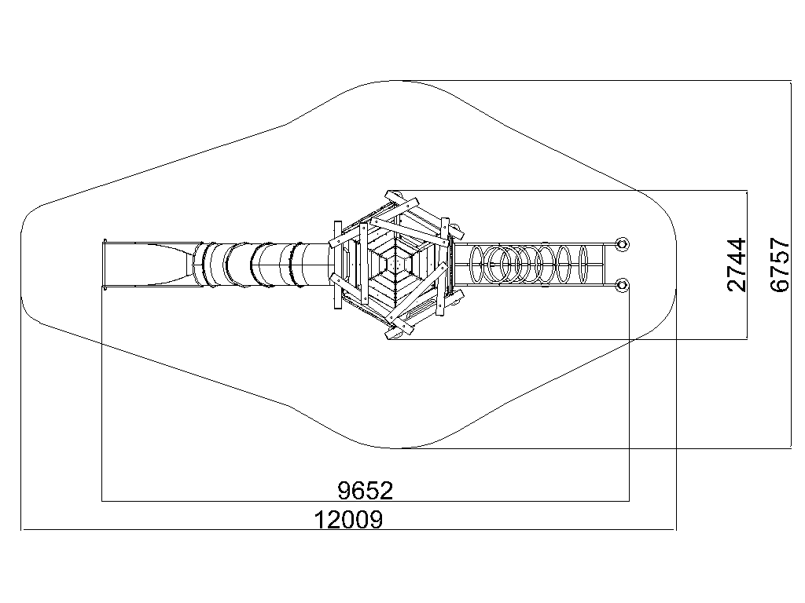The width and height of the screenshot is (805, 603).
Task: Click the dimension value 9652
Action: [366, 491]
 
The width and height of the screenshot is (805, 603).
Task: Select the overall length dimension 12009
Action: [348, 520]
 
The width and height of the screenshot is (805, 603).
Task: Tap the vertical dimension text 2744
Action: [736, 265]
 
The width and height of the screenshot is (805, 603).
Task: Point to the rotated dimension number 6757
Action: [779, 265]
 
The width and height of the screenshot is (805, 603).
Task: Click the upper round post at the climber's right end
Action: [622, 243]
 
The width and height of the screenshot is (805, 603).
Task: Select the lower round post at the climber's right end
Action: [622, 284]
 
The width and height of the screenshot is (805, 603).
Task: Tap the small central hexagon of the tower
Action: [395, 265]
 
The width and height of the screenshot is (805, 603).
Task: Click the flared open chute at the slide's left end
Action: [149, 265]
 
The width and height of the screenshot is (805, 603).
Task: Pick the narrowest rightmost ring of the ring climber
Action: [583, 265]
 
